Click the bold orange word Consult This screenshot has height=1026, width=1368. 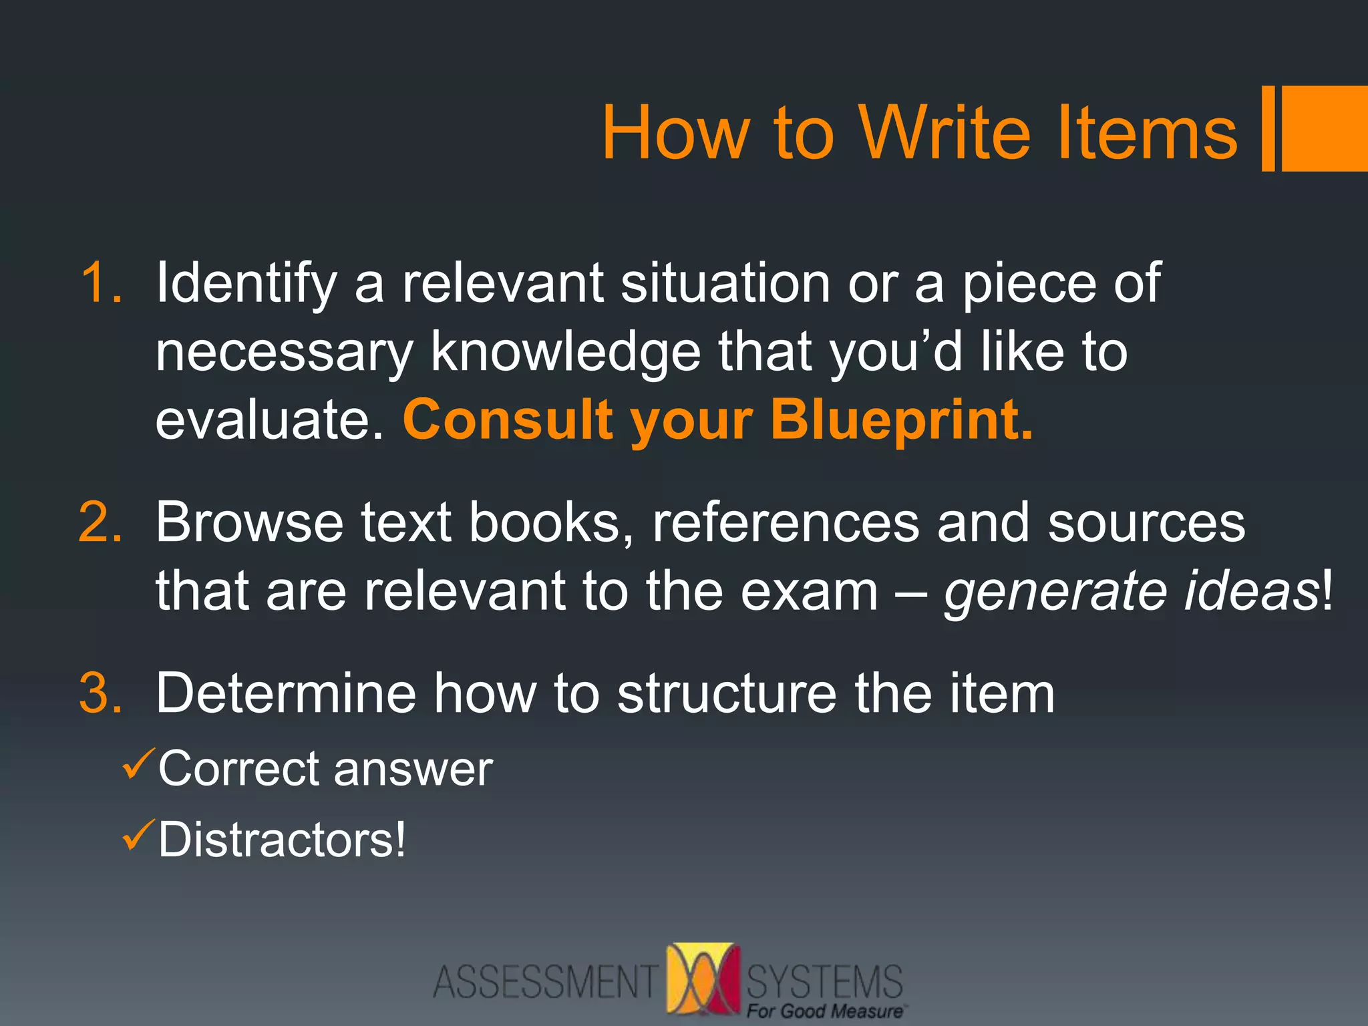click(x=508, y=419)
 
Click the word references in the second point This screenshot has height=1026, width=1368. click(x=786, y=522)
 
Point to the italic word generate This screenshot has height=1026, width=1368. click(x=1055, y=592)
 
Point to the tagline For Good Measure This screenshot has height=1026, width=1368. click(x=826, y=1011)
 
